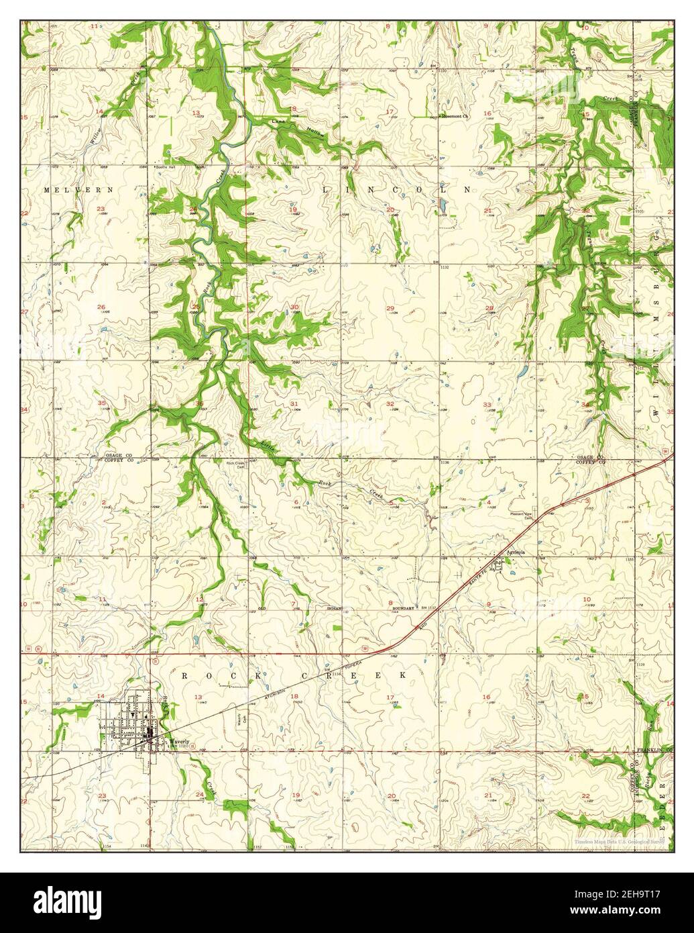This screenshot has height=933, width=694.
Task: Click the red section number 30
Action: tap(294, 307)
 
